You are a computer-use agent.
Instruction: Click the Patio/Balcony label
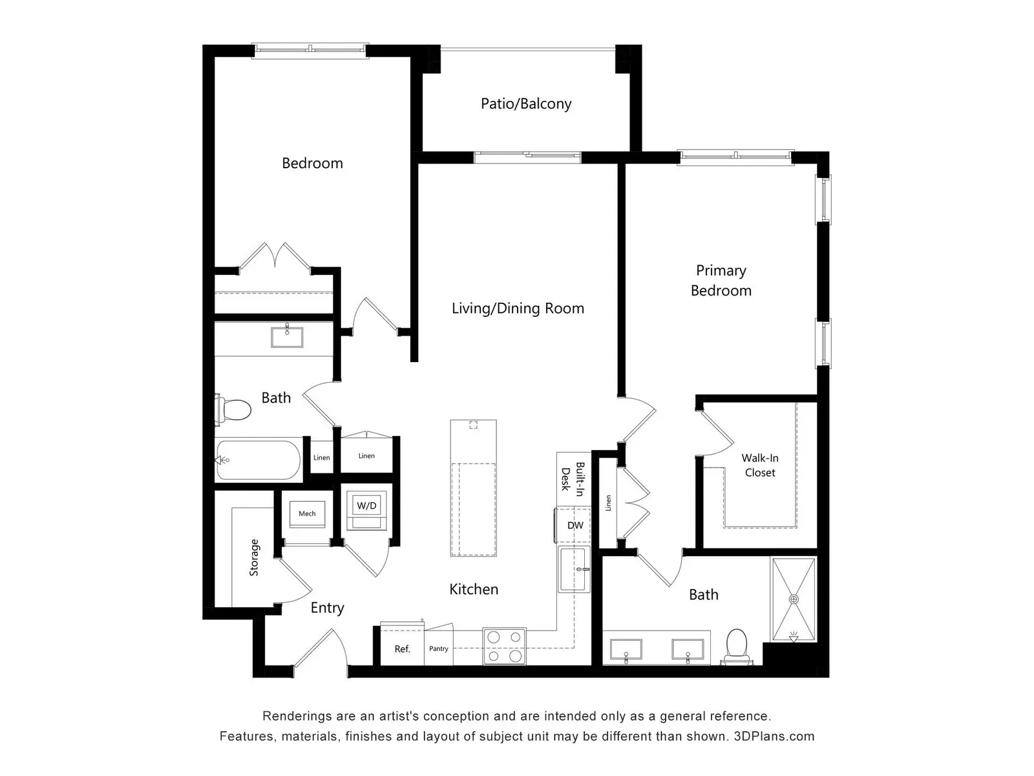(x=525, y=103)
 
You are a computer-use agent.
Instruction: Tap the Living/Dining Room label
(x=518, y=308)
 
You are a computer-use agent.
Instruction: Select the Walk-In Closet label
(x=760, y=465)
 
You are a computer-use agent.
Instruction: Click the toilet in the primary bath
(x=737, y=647)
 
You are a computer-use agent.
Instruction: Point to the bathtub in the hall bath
(x=258, y=460)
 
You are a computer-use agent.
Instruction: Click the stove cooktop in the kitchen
(x=504, y=646)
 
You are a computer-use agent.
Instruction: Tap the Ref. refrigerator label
(x=403, y=649)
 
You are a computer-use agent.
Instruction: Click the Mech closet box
(x=307, y=513)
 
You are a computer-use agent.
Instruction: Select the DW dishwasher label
(x=575, y=525)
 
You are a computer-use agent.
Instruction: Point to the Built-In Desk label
(x=573, y=479)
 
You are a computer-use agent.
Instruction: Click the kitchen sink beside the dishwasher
(x=574, y=569)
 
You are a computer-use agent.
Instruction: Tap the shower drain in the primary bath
(x=794, y=599)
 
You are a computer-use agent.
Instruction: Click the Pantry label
(x=439, y=649)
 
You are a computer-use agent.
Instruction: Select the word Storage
(x=254, y=557)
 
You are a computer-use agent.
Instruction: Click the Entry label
(x=328, y=608)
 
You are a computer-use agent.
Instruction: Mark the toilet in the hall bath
(x=233, y=409)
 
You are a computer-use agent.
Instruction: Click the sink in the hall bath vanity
(x=287, y=337)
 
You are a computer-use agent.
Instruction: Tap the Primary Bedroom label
(x=721, y=281)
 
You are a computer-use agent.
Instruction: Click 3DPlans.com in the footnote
(x=774, y=736)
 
